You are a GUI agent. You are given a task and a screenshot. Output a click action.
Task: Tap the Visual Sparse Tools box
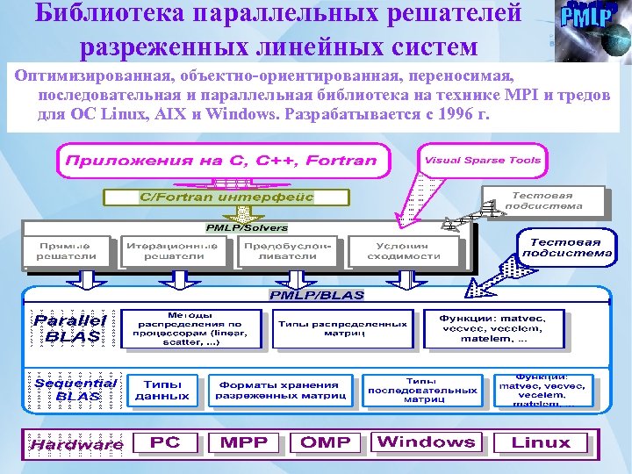pyautogui.click(x=483, y=161)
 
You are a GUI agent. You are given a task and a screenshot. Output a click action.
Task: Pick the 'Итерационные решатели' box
pyautogui.click(x=172, y=251)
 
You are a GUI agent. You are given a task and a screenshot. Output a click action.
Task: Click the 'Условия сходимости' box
pyautogui.click(x=403, y=251)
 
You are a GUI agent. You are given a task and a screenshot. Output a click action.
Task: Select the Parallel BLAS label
pyautogui.click(x=70, y=327)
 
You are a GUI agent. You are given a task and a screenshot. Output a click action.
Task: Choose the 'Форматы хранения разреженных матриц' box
pyautogui.click(x=278, y=391)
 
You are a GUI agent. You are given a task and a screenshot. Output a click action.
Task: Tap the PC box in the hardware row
pyautogui.click(x=165, y=442)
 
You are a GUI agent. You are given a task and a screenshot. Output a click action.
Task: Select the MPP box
pyautogui.click(x=244, y=442)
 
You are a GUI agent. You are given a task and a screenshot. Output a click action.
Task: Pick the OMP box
pyautogui.click(x=325, y=442)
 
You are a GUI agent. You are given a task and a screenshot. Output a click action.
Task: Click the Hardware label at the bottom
pyautogui.click(x=76, y=444)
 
